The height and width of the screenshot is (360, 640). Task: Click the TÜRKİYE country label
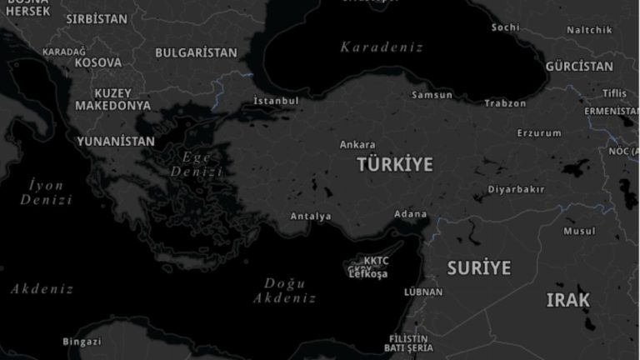point(395,164)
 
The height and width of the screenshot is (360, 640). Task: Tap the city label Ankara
point(357,144)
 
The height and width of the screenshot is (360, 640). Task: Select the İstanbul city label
point(276,101)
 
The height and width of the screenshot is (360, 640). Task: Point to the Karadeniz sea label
point(382,47)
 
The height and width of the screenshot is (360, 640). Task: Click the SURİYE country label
point(478,268)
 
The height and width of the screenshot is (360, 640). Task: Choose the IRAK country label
point(567,300)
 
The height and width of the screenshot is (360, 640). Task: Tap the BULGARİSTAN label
point(196,52)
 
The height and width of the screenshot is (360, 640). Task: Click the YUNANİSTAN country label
point(116,141)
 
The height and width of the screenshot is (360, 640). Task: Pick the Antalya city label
point(311,217)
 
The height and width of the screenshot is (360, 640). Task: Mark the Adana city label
point(410,214)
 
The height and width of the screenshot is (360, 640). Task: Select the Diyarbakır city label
point(516,189)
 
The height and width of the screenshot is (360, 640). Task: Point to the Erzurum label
point(539,132)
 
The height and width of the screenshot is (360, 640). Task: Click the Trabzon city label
point(505,103)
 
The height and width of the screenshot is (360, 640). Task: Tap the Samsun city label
point(432,95)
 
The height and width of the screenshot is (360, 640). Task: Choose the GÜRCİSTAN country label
point(579,67)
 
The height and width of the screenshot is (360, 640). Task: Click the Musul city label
point(579,231)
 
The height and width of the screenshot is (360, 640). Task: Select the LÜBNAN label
point(423,292)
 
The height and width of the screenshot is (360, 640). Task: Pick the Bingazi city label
point(82,342)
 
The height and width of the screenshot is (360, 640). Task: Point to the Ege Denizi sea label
point(197,164)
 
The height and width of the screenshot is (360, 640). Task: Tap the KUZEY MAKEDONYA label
point(113,99)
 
